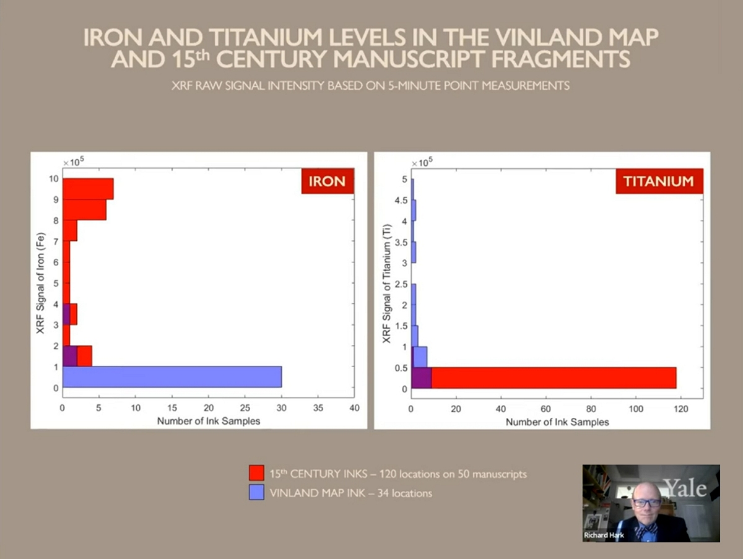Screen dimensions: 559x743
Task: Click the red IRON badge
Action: [x=328, y=181]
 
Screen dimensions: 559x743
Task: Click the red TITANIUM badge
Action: [x=659, y=181]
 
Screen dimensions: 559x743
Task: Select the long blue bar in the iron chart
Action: [x=172, y=376]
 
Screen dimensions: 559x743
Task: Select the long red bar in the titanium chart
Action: [x=553, y=378]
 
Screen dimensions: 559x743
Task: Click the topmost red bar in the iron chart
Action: [x=88, y=189]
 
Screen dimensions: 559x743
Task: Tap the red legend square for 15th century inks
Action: [x=256, y=474]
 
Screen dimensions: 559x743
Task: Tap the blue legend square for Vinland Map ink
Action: [x=256, y=493]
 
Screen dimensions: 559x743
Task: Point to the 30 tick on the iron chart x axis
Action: [x=282, y=408]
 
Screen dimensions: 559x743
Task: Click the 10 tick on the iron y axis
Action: [x=54, y=179]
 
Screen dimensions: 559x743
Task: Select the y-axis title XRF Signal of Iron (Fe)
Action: [x=41, y=284]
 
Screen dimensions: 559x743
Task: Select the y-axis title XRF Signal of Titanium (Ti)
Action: [x=386, y=284]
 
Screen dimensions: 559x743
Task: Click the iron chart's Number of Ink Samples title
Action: [x=208, y=421]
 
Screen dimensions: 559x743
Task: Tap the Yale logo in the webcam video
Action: [x=685, y=488]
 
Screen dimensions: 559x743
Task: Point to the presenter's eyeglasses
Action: [x=646, y=502]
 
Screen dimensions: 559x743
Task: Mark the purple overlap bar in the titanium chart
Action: [x=422, y=378]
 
